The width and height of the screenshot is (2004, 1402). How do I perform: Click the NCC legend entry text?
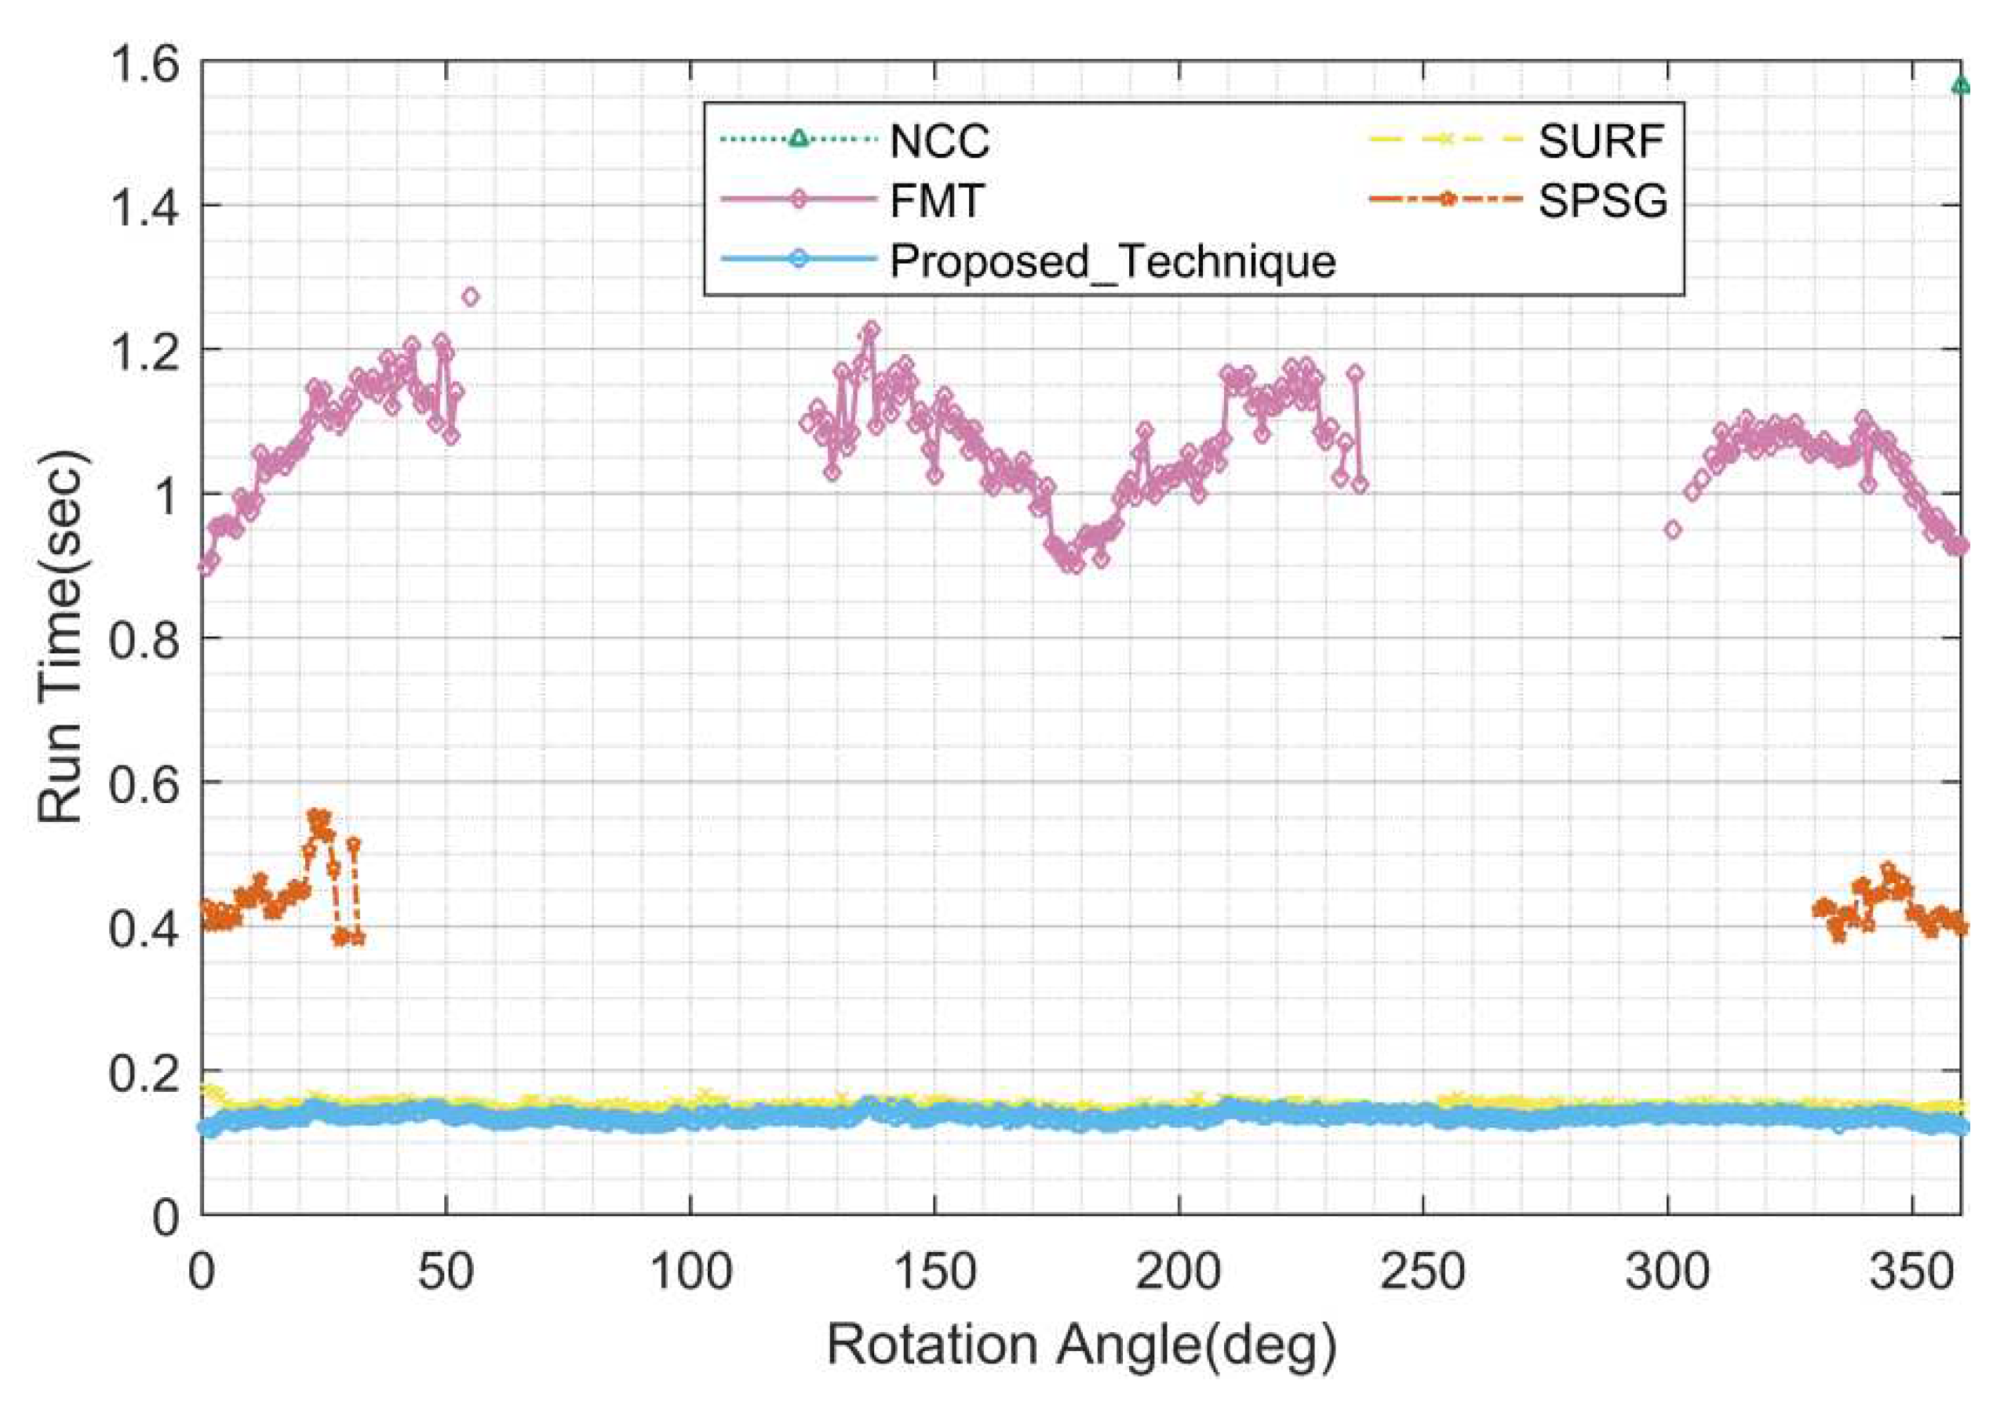(939, 141)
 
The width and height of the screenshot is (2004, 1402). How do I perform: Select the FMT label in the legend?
(937, 202)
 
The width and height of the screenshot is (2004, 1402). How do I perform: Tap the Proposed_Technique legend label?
(1113, 261)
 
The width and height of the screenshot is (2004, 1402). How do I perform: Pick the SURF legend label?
(1601, 141)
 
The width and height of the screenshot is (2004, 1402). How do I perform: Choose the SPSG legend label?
(1602, 202)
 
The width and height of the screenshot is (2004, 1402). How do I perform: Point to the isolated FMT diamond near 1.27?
(471, 297)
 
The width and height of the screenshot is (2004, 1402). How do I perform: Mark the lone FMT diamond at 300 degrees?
(1672, 530)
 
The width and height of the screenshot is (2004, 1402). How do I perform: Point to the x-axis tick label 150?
(934, 1274)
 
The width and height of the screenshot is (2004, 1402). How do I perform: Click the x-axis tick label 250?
(1423, 1274)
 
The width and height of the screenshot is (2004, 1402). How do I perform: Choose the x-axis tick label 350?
(1911, 1274)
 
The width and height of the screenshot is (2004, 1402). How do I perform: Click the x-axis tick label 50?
(445, 1274)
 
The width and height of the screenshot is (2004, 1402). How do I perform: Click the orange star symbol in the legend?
(1445, 200)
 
